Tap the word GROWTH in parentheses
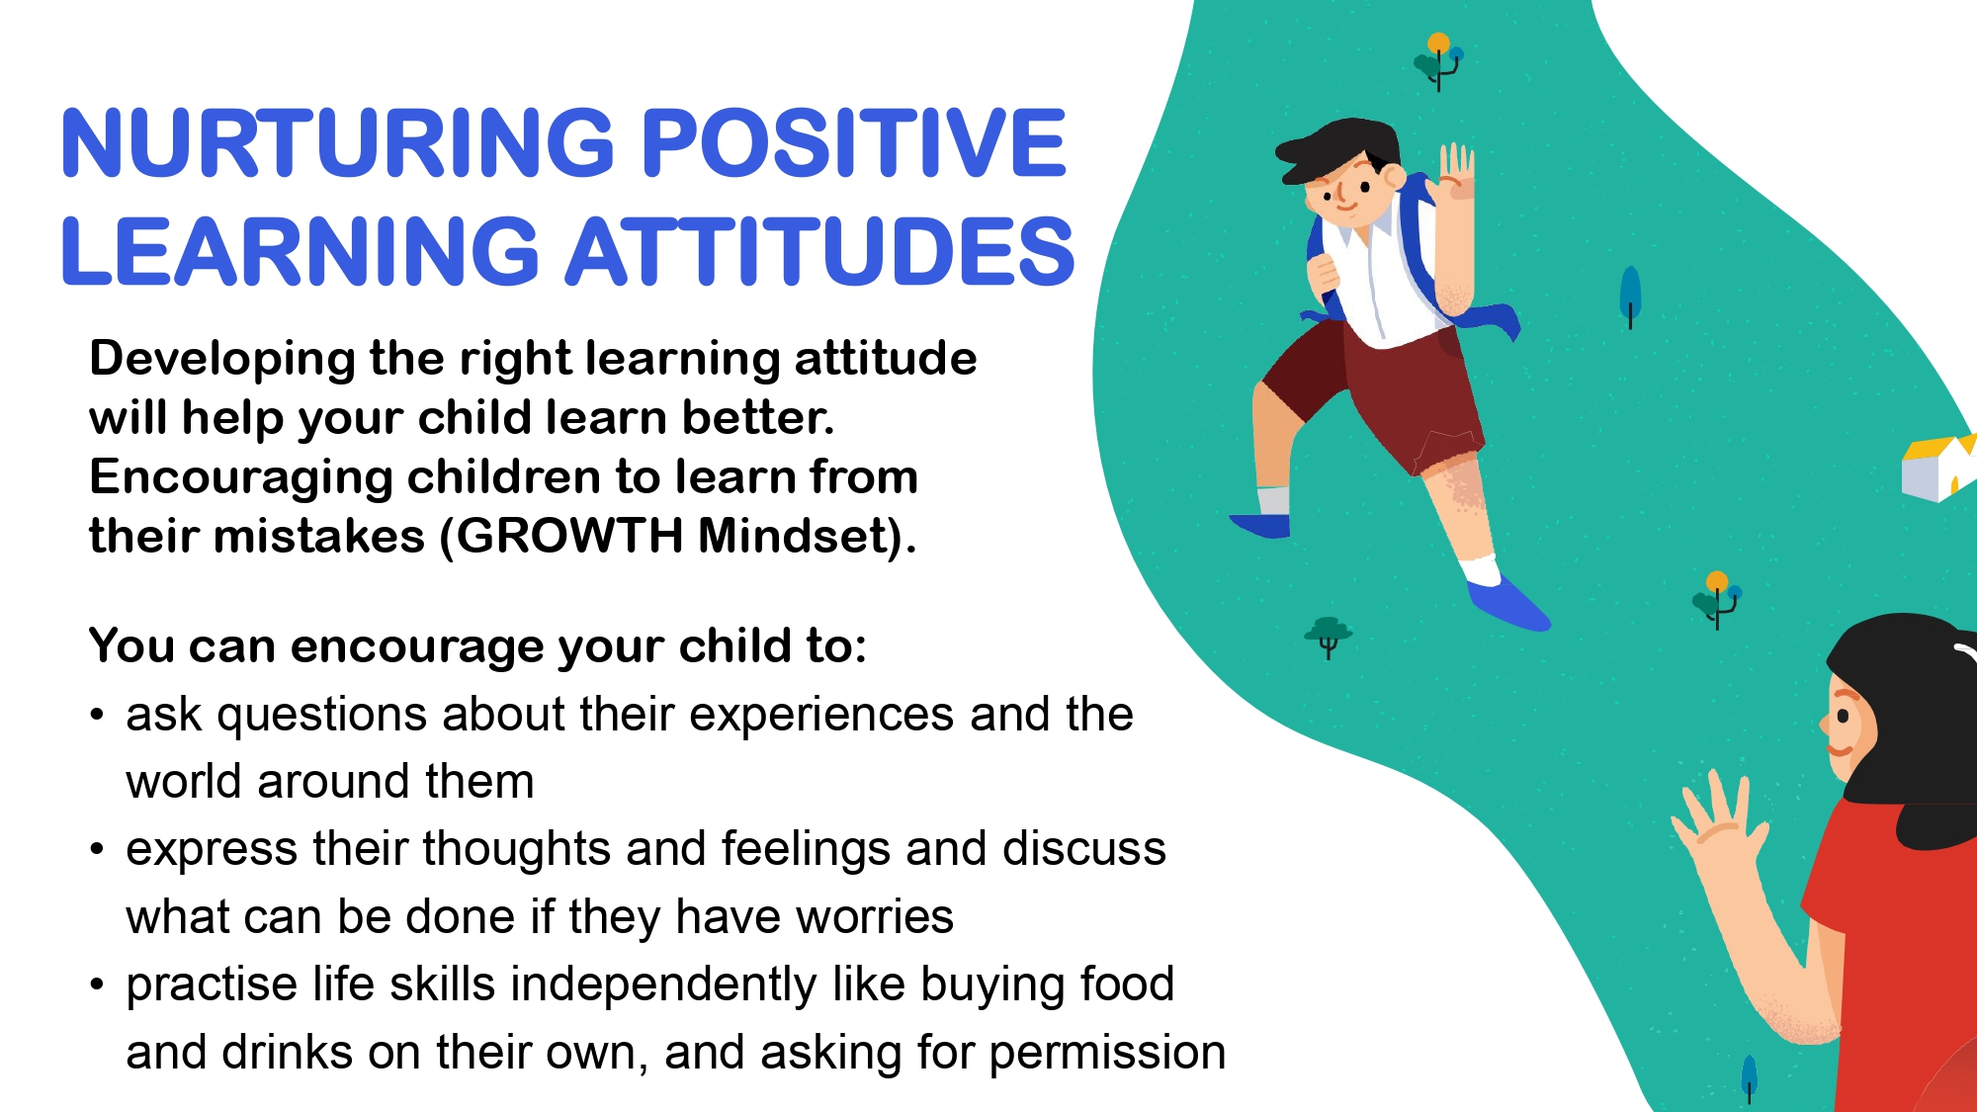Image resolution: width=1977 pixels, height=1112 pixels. [x=569, y=537]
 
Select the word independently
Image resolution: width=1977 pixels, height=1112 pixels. [x=663, y=985]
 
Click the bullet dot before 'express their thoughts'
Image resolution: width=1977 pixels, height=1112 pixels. [x=96, y=849]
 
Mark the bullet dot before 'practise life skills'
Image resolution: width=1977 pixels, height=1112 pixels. [x=96, y=984]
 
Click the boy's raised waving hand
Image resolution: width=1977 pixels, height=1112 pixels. [x=1456, y=174]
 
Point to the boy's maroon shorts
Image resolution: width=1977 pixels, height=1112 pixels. [x=1374, y=395]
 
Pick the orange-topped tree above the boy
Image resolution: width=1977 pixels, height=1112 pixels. [x=1439, y=60]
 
